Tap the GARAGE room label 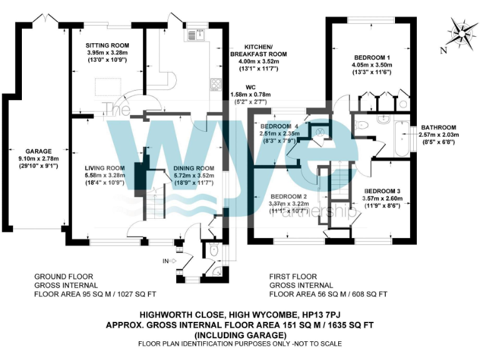tap(38, 151)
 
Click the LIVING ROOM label tap(105, 168)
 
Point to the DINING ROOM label tap(194, 168)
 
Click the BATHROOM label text tap(438, 127)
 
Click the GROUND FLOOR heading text tap(63, 276)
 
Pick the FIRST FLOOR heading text tap(293, 276)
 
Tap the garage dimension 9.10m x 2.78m tap(38, 159)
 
